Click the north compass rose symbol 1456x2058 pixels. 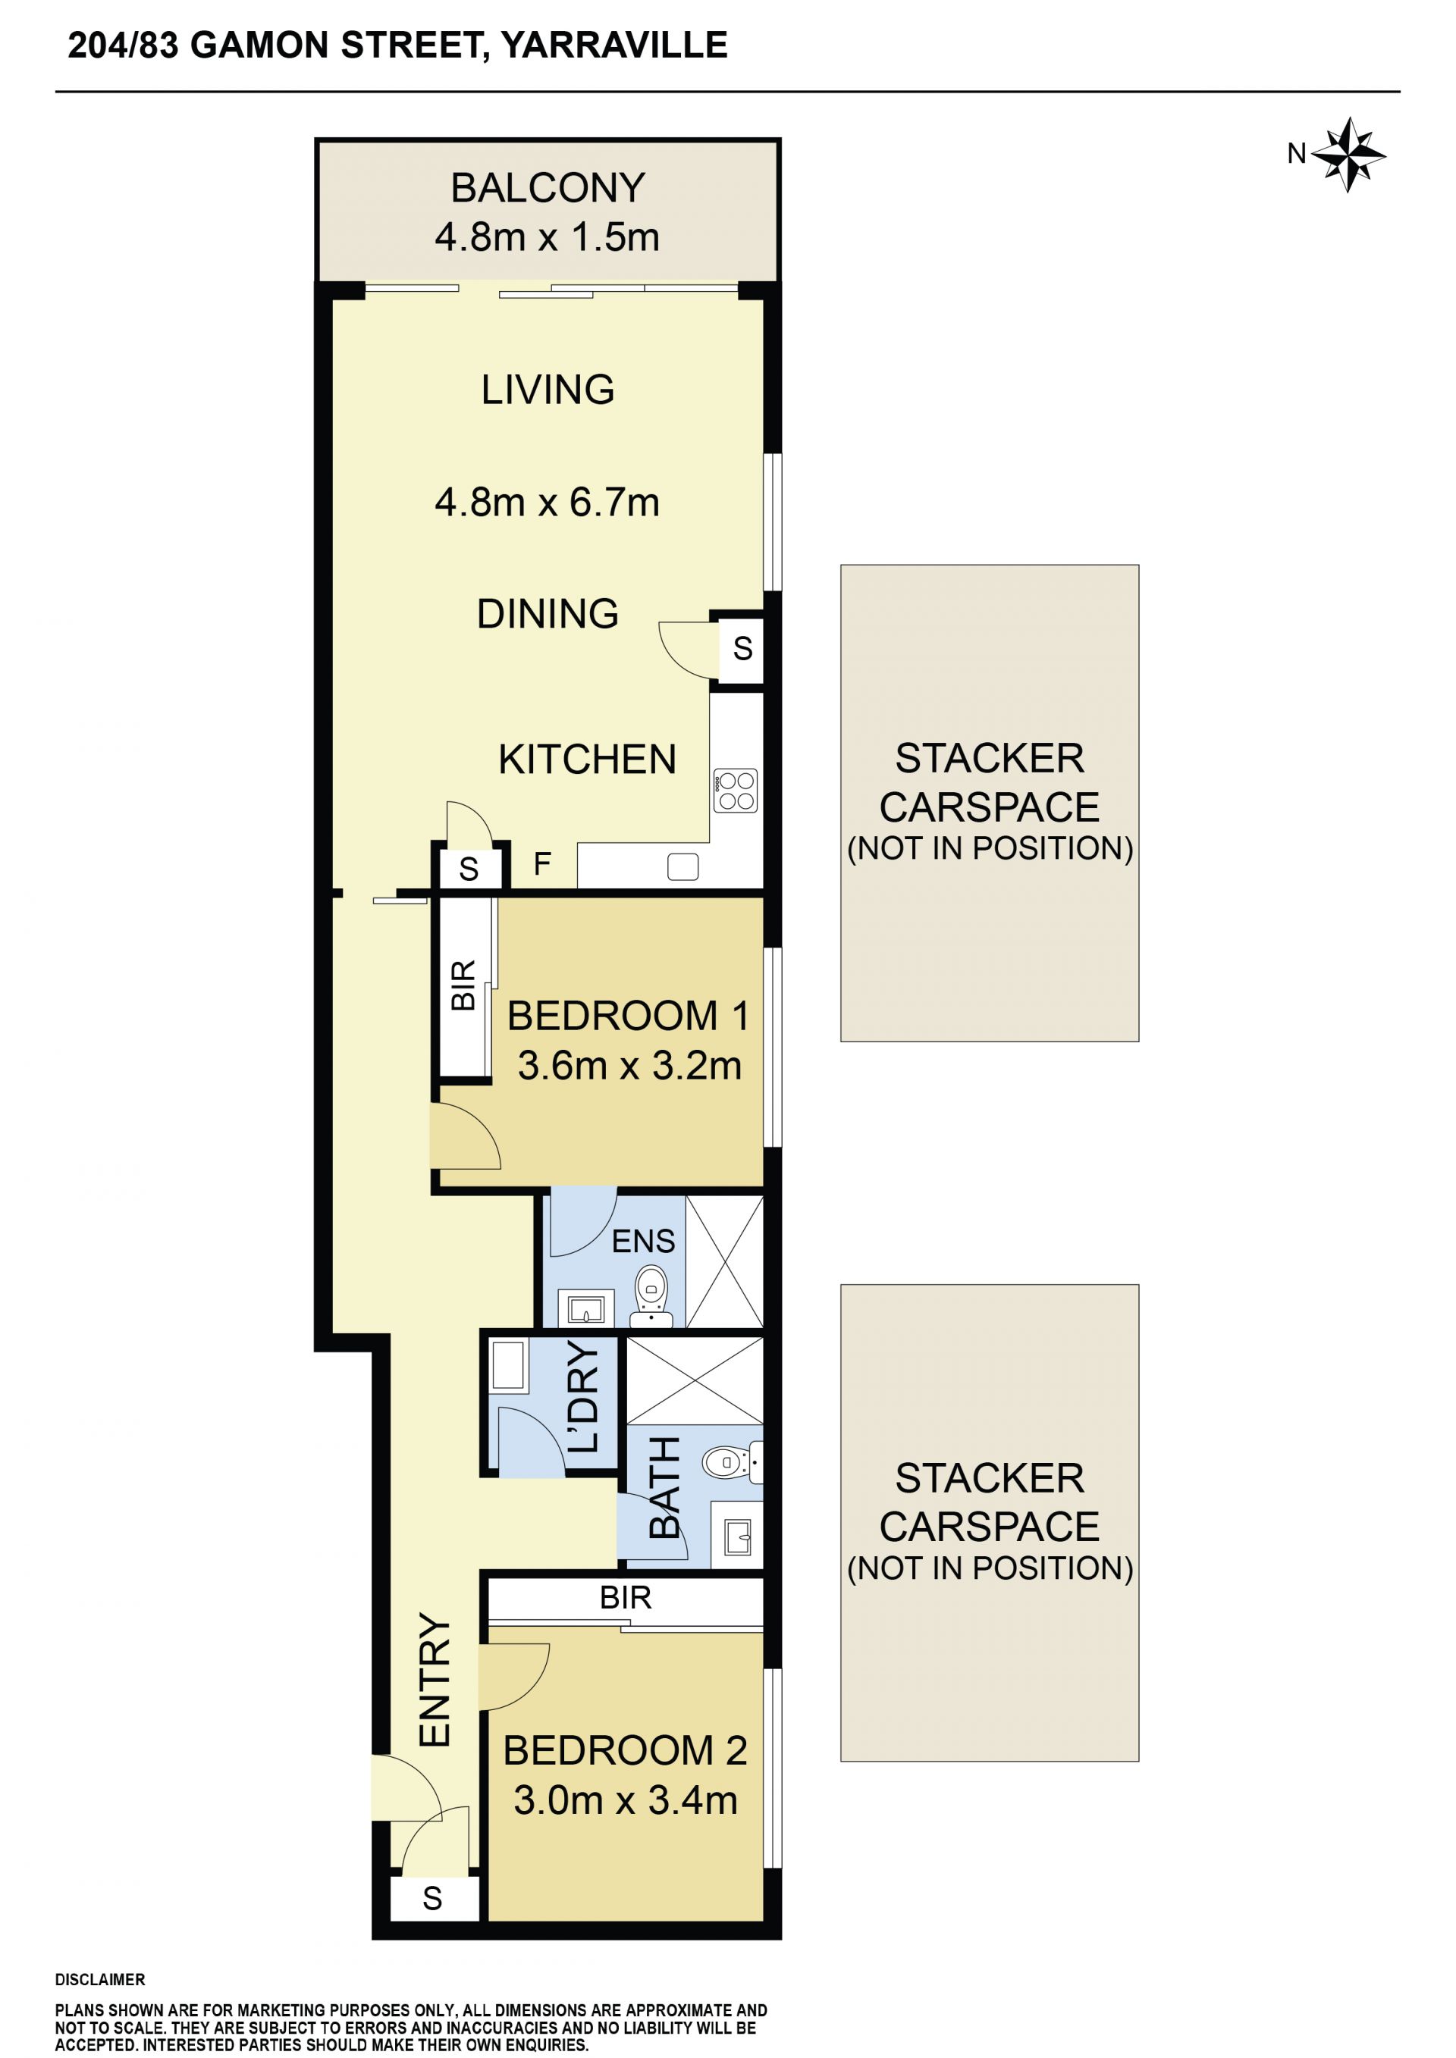pos(1348,154)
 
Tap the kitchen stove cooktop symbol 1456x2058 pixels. pos(735,791)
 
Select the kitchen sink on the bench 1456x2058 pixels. pos(682,866)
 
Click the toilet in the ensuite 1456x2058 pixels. pos(651,1295)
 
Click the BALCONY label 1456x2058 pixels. pos(548,188)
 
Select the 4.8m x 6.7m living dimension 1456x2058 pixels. pos(547,502)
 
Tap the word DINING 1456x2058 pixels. pos(548,614)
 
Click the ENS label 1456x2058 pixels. pos(643,1242)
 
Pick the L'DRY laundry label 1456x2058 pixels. pos(582,1395)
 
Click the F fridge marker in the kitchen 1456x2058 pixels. pos(541,863)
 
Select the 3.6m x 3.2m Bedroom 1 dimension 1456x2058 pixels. pos(629,1066)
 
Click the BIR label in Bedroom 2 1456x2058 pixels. pos(626,1597)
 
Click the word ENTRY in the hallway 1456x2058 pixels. pos(435,1680)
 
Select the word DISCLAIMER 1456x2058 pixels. pos(100,1979)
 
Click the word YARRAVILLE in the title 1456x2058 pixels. pos(614,45)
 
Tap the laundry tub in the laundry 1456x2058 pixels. pos(508,1366)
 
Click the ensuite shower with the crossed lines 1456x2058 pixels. pos(724,1261)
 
